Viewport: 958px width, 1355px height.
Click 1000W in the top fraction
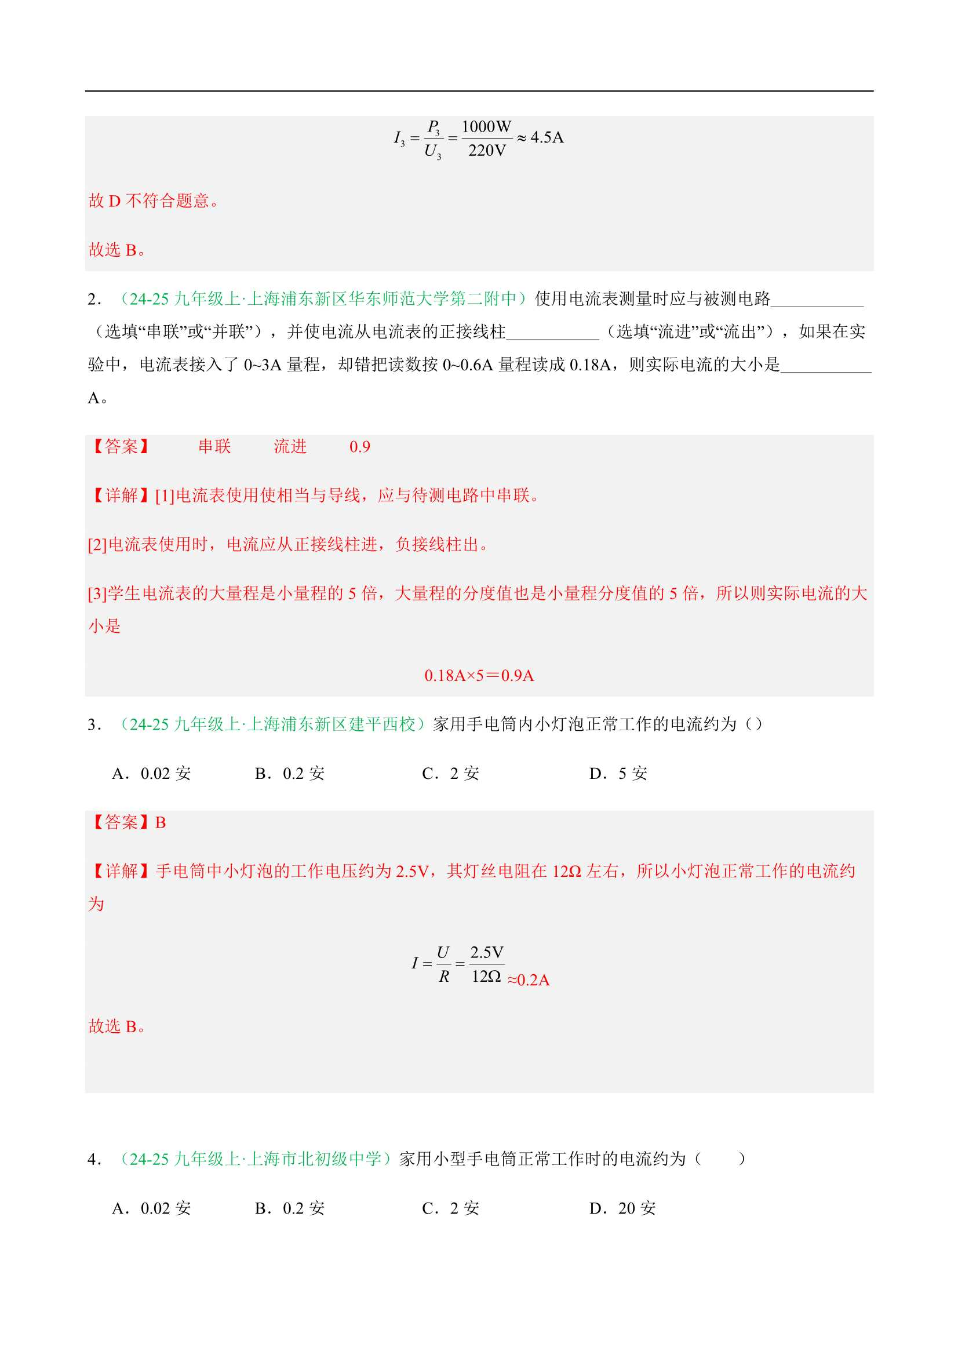click(486, 126)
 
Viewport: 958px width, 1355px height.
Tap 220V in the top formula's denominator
click(486, 151)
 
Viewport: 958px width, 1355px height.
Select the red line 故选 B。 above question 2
click(117, 250)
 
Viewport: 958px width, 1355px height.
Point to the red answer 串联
click(214, 447)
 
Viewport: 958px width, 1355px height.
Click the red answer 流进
click(290, 447)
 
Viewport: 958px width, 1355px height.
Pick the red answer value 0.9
click(359, 447)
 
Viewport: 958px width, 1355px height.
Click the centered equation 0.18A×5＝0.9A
click(479, 676)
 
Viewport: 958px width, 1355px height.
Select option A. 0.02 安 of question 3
click(151, 774)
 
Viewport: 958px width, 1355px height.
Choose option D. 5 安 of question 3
click(618, 774)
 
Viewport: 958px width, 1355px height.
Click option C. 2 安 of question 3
click(450, 774)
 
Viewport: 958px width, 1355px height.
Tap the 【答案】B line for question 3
click(128, 823)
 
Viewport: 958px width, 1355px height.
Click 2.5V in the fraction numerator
click(486, 953)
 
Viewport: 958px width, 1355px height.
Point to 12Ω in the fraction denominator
click(486, 977)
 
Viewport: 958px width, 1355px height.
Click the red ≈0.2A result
click(529, 980)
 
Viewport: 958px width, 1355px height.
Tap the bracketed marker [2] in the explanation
click(97, 545)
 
